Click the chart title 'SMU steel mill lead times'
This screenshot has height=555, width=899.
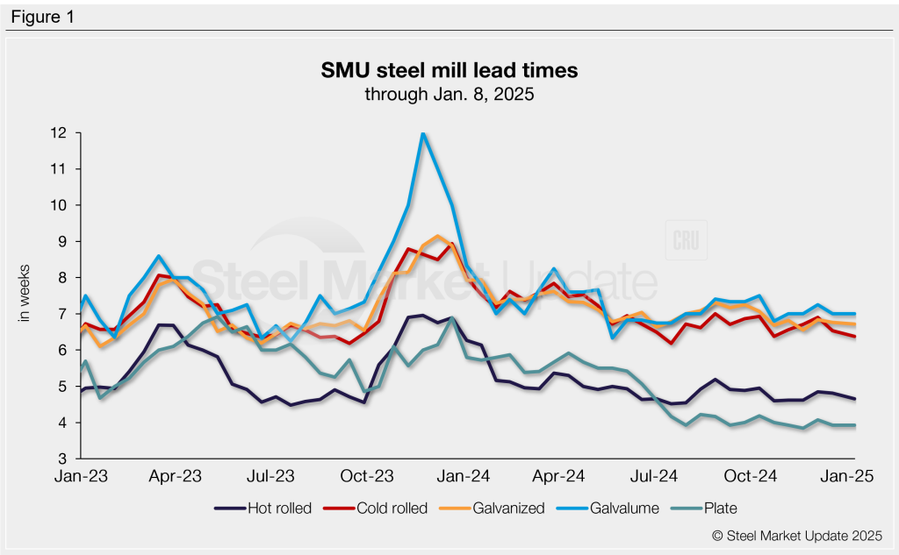pos(449,69)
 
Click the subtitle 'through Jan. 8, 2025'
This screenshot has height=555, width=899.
pos(449,94)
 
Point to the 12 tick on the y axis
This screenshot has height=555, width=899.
pos(61,133)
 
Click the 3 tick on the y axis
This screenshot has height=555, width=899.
pos(64,459)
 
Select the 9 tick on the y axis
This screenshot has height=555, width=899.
pos(64,241)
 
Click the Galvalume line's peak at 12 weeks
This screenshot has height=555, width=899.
pos(424,133)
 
